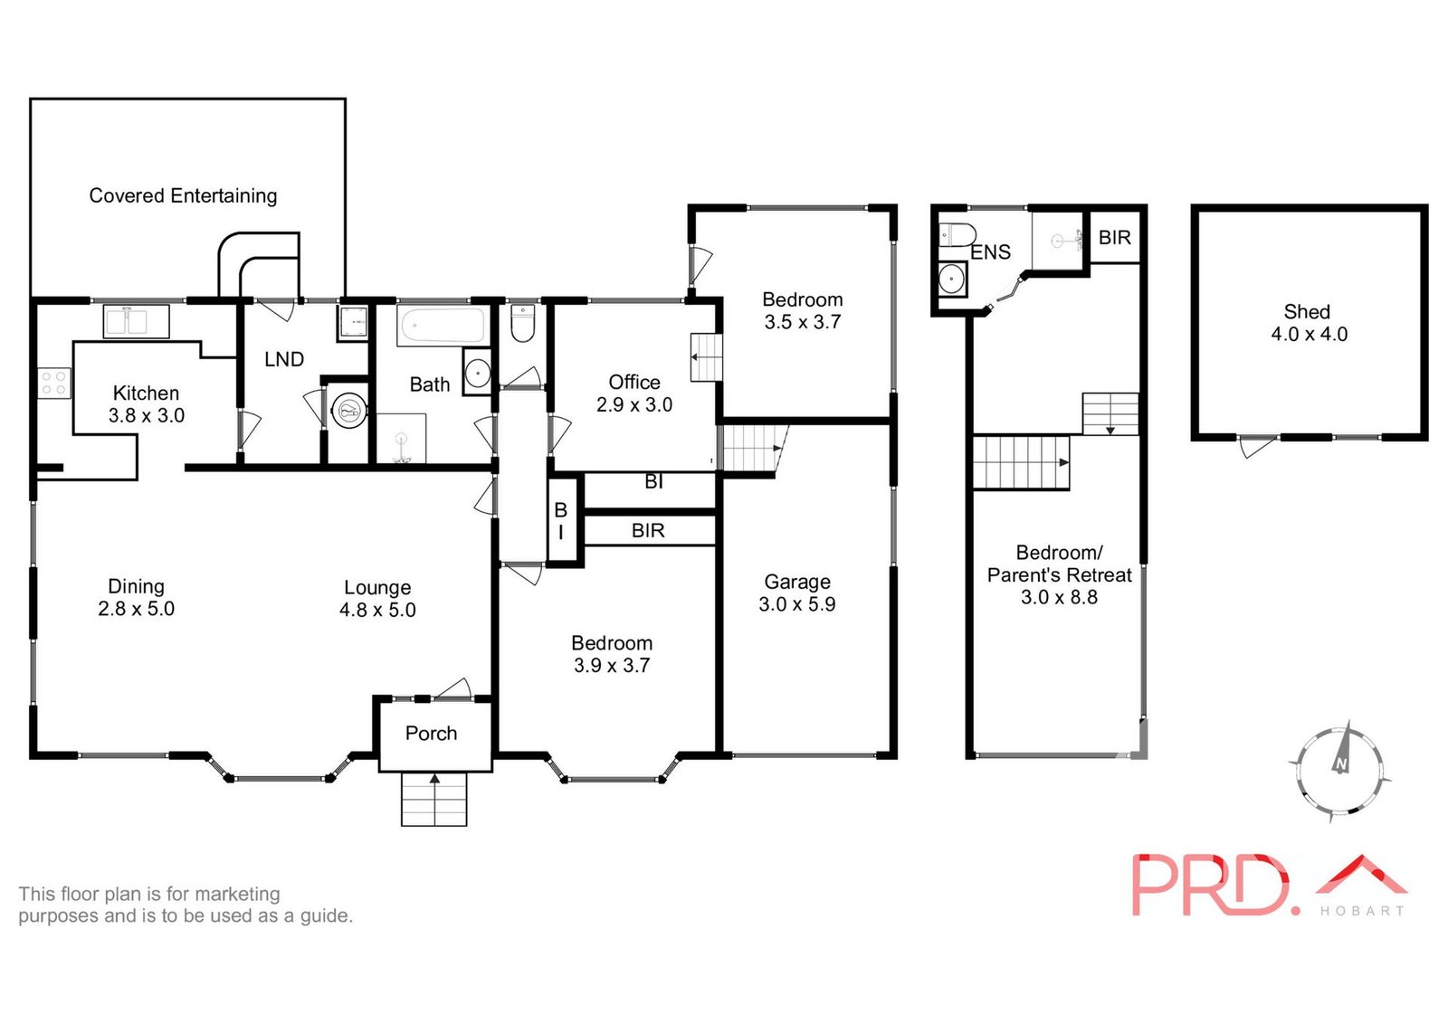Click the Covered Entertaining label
pyautogui.click(x=183, y=195)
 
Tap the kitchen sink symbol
pyautogui.click(x=136, y=321)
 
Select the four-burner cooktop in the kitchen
pyautogui.click(x=53, y=383)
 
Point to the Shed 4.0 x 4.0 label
pyautogui.click(x=1308, y=323)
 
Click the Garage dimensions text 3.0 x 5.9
pyautogui.click(x=796, y=604)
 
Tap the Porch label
pyautogui.click(x=431, y=733)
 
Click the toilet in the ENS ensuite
pyautogui.click(x=955, y=235)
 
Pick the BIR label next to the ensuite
pyautogui.click(x=1114, y=237)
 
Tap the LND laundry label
pyautogui.click(x=283, y=359)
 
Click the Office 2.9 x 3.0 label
pyautogui.click(x=633, y=393)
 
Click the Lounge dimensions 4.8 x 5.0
pyautogui.click(x=377, y=610)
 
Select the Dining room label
pyautogui.click(x=136, y=586)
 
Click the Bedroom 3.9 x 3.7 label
pyautogui.click(x=611, y=654)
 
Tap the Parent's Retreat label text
pyautogui.click(x=1059, y=574)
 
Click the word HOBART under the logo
pyautogui.click(x=1361, y=911)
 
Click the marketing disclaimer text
pyautogui.click(x=185, y=905)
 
